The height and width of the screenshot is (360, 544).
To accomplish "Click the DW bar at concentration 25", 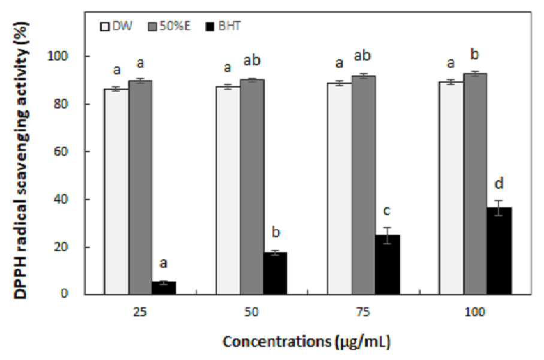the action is click(117, 192).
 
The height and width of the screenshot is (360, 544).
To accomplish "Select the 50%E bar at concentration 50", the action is click(252, 187).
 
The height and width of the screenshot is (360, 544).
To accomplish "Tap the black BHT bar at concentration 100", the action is click(499, 251).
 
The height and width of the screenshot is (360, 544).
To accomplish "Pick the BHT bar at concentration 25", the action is click(164, 288).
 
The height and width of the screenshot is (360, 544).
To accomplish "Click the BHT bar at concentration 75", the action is click(387, 265).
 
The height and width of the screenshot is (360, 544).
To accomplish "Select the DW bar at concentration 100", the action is click(451, 188).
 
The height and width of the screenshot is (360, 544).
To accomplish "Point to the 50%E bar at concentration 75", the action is click(364, 185).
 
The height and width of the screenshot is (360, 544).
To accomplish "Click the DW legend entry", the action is click(116, 26).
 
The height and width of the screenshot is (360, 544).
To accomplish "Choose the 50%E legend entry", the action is click(170, 26).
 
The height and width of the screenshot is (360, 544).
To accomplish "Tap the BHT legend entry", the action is click(223, 26).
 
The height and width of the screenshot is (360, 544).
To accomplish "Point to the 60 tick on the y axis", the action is click(61, 152).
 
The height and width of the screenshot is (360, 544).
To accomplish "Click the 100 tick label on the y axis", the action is click(58, 56).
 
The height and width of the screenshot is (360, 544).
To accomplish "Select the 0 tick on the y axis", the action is click(65, 294).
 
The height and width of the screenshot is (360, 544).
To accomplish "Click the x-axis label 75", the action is click(363, 312).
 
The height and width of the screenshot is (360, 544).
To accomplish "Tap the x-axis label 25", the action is click(140, 312).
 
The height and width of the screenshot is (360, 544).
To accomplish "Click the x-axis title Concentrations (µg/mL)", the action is click(307, 341).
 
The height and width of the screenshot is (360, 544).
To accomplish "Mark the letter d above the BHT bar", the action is click(499, 183).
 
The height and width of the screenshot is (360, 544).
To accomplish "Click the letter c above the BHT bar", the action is click(387, 210).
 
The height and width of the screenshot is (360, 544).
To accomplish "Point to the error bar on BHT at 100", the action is click(498, 208).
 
